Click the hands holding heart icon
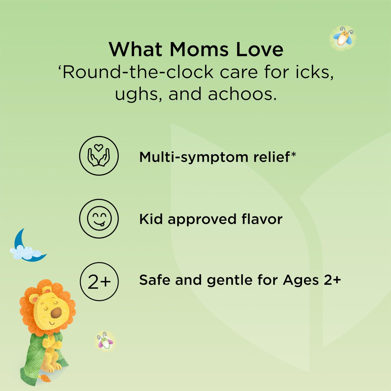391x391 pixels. (98, 155)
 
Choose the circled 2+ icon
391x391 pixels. (99, 281)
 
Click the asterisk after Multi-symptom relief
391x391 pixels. (293, 155)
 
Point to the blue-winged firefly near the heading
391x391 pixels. (343, 38)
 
